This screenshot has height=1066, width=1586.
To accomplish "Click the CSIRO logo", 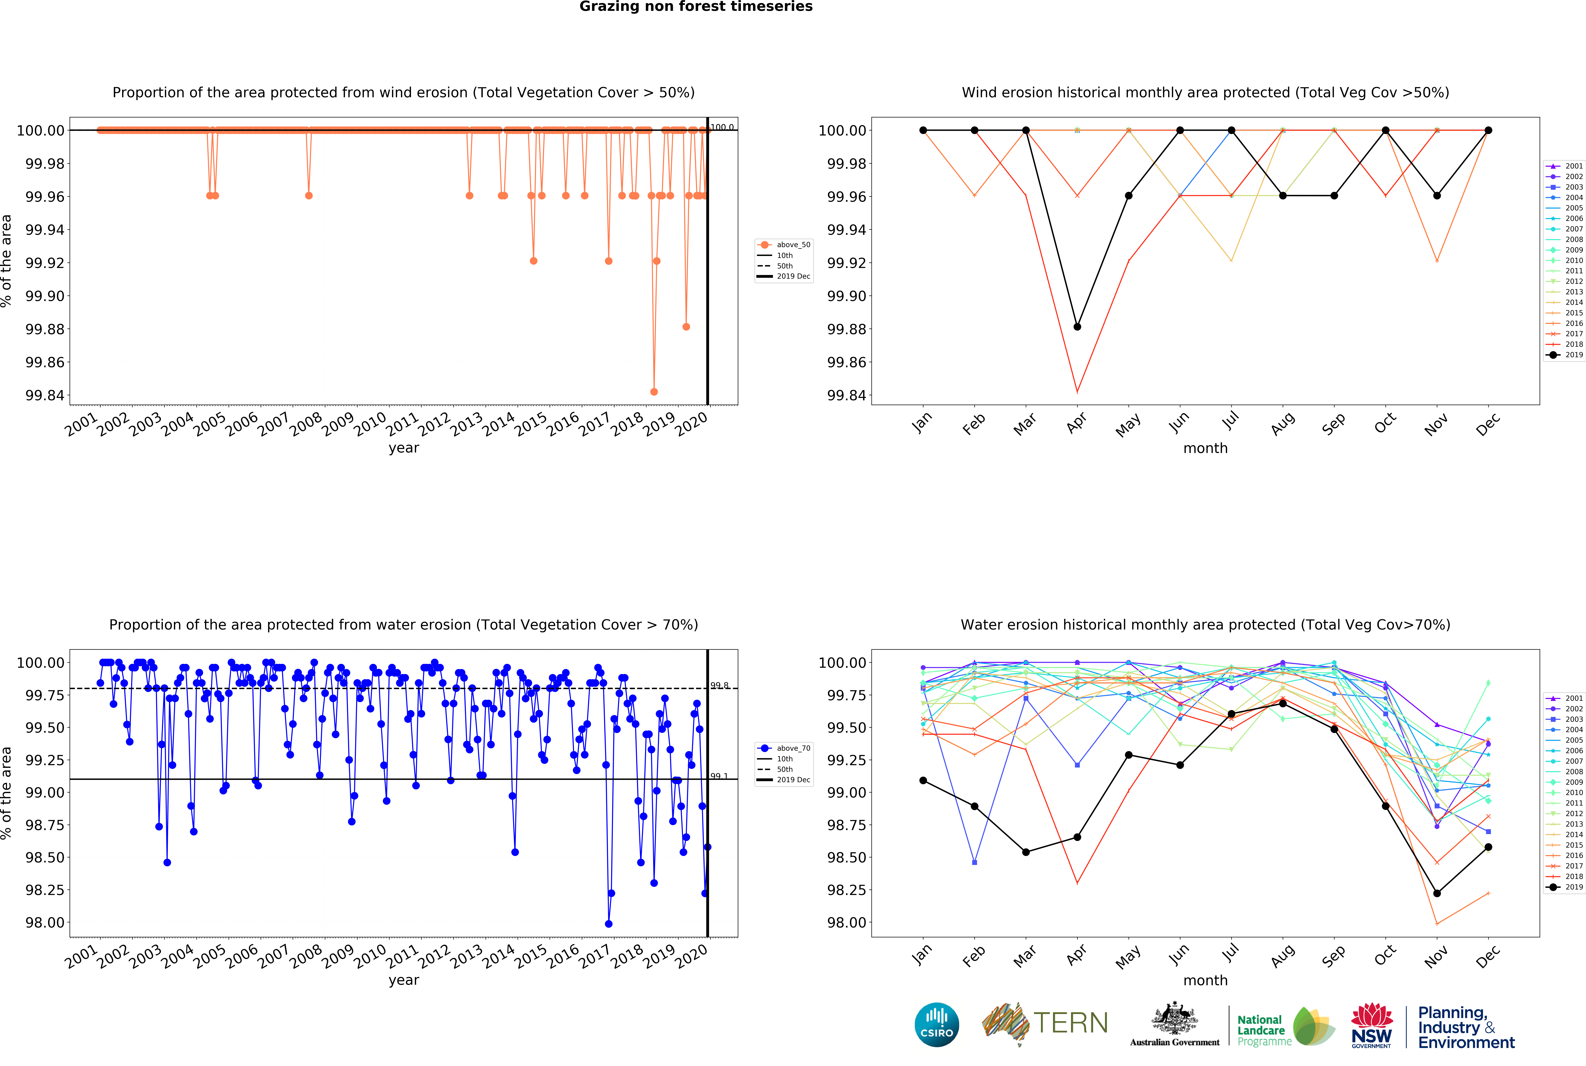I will click(x=937, y=1024).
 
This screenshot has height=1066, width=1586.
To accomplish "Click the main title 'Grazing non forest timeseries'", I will click(x=695, y=7).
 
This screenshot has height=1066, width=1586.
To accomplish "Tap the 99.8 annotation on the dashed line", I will click(x=719, y=685).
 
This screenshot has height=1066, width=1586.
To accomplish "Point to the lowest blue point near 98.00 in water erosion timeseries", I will click(x=608, y=924).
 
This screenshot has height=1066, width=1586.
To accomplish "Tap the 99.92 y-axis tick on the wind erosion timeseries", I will click(x=45, y=263).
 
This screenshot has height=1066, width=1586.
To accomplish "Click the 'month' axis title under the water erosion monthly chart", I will click(x=1205, y=980).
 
